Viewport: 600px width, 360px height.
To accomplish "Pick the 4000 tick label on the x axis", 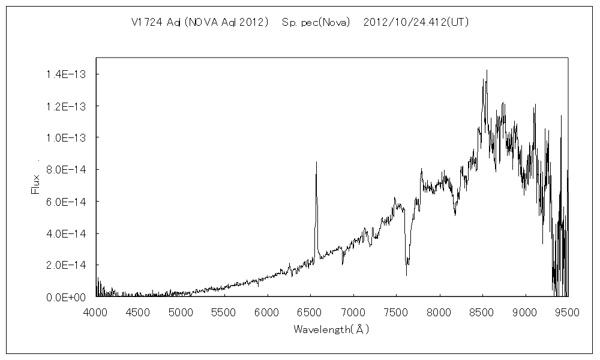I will coord(96,312).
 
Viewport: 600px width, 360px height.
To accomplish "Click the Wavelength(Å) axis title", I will coord(331,329).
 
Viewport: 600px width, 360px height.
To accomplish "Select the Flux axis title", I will coord(35,184).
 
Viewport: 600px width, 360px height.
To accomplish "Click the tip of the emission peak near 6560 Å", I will coord(316,161).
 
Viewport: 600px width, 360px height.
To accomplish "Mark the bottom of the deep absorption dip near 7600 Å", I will coord(406,275).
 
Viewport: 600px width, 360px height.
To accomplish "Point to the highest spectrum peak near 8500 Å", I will coord(487,70).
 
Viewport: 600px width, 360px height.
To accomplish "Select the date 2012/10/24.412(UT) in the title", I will coord(416,23).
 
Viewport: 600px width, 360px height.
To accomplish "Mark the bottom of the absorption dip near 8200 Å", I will coord(455,215).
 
